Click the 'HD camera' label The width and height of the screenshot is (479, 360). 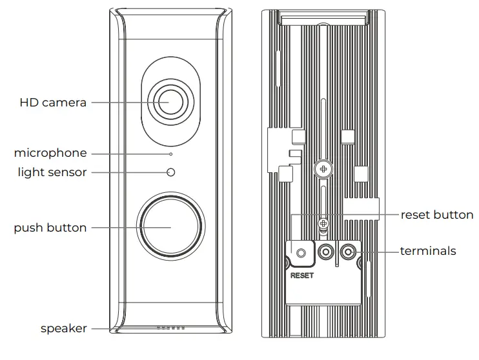(x=53, y=103)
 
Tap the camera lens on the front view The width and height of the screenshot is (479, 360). (x=170, y=102)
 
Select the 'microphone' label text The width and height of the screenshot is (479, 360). (x=50, y=153)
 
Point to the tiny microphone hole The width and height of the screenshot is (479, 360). (x=170, y=154)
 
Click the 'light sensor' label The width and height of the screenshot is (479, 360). (x=52, y=172)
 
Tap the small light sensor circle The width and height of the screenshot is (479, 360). (x=170, y=172)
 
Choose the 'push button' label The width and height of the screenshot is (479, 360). (x=50, y=228)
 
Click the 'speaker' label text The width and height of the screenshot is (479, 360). (x=64, y=328)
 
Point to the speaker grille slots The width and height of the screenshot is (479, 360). (x=170, y=328)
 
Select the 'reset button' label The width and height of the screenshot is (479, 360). (x=437, y=215)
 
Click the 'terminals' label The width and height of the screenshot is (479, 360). (x=428, y=251)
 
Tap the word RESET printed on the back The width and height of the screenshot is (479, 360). (x=302, y=275)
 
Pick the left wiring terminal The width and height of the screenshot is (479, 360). (x=326, y=252)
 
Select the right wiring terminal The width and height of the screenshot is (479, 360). (x=349, y=251)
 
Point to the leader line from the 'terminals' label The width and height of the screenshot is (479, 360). (x=378, y=251)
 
